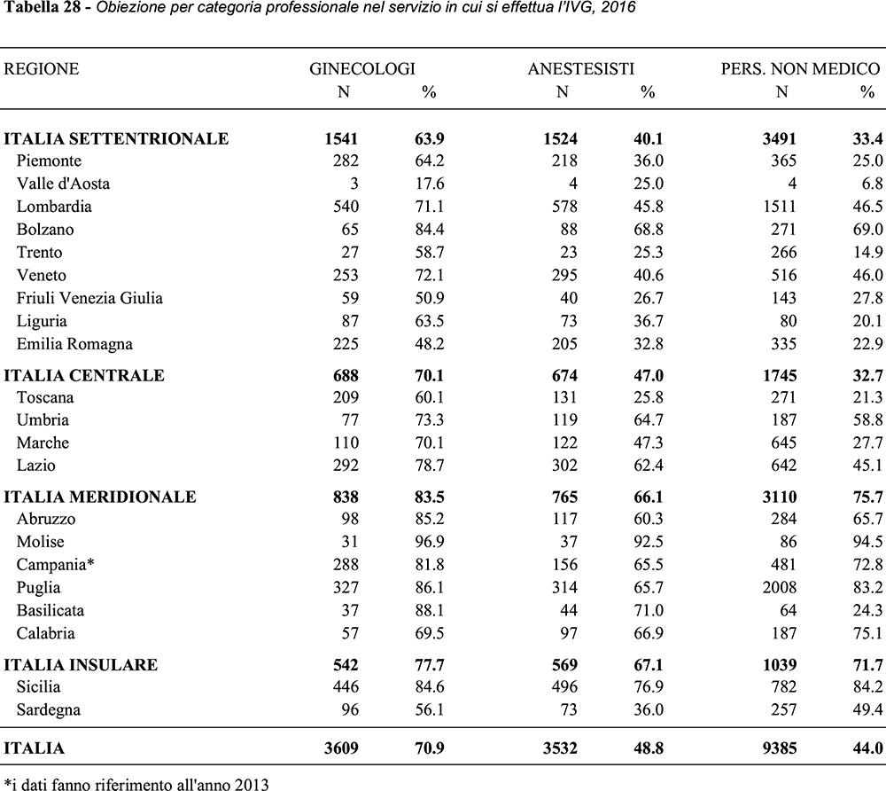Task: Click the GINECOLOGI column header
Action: (362, 69)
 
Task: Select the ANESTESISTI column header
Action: (581, 69)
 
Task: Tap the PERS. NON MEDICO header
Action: (800, 69)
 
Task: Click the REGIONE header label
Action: (42, 69)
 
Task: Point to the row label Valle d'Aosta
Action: (63, 184)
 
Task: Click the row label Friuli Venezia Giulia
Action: (89, 298)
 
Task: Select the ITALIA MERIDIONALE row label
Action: (100, 497)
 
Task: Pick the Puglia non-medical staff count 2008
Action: (778, 588)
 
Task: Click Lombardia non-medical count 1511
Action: (778, 207)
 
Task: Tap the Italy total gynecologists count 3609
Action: (339, 748)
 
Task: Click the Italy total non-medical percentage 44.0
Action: (866, 748)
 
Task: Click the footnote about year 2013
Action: (136, 783)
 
